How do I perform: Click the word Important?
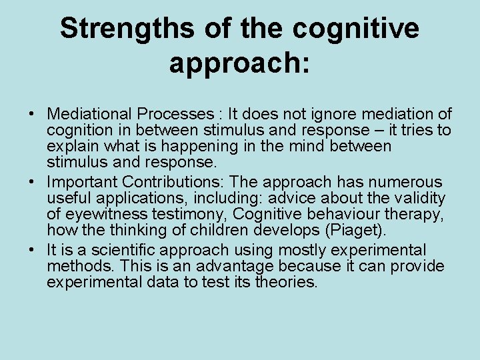point(82,182)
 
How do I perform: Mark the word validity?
point(421,198)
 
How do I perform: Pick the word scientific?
point(117,251)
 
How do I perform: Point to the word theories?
point(287,282)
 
